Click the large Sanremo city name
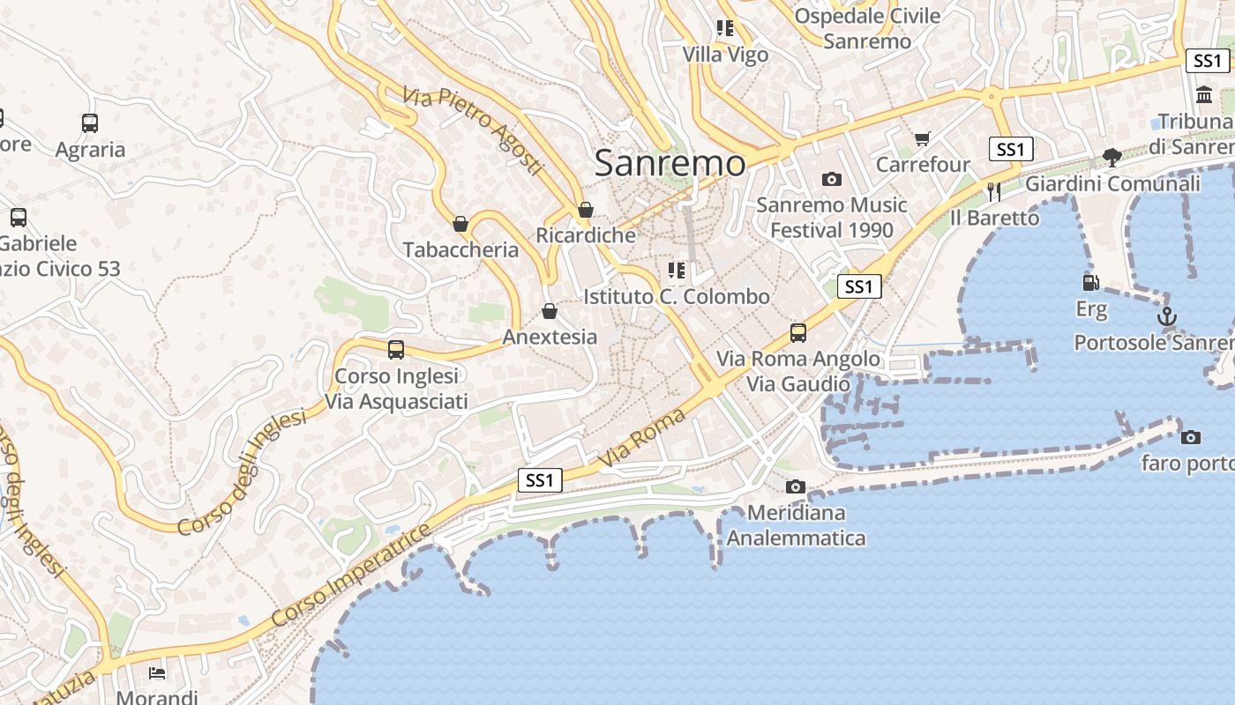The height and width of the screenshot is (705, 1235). click(x=670, y=163)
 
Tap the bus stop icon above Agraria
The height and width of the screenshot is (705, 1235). click(x=90, y=123)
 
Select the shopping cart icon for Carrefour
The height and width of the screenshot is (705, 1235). click(x=923, y=138)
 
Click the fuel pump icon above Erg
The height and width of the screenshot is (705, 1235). click(x=1091, y=283)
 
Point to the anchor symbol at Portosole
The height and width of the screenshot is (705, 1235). click(x=1166, y=315)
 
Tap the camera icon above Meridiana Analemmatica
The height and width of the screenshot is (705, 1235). click(x=796, y=486)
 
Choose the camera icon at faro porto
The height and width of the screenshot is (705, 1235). click(x=1190, y=437)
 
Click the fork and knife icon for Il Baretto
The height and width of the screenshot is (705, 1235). click(x=994, y=191)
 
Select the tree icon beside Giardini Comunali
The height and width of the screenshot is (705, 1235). click(x=1112, y=158)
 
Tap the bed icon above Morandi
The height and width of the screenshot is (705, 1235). click(x=157, y=673)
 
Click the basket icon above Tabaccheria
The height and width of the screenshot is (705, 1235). click(x=460, y=224)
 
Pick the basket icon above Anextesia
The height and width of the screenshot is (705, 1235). click(x=550, y=311)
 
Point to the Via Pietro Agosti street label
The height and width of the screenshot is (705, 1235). click(x=472, y=130)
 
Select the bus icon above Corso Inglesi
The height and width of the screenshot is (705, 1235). click(x=396, y=350)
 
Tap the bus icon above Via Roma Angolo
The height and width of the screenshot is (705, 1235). click(x=798, y=333)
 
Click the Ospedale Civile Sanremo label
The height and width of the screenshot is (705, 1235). click(x=867, y=28)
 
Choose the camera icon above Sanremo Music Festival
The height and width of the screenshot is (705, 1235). click(x=831, y=180)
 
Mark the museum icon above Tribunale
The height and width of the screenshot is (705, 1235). click(x=1204, y=94)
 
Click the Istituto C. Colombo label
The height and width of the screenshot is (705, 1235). click(x=677, y=297)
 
